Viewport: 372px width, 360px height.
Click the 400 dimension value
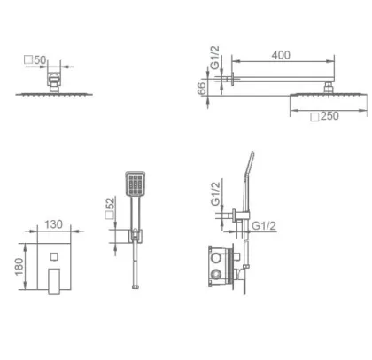(x=281, y=55)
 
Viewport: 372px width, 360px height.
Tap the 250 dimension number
(x=329, y=116)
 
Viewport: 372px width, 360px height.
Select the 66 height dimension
(x=201, y=89)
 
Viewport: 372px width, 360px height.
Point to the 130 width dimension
(x=53, y=224)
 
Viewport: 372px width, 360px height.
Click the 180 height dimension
(x=19, y=267)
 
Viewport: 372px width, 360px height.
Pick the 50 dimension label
(x=40, y=60)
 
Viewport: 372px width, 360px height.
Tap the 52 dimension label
(x=110, y=203)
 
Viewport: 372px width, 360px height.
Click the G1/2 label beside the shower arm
(x=215, y=58)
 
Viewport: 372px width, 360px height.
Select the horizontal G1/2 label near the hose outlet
(x=264, y=226)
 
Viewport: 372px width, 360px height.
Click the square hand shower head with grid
(x=136, y=184)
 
